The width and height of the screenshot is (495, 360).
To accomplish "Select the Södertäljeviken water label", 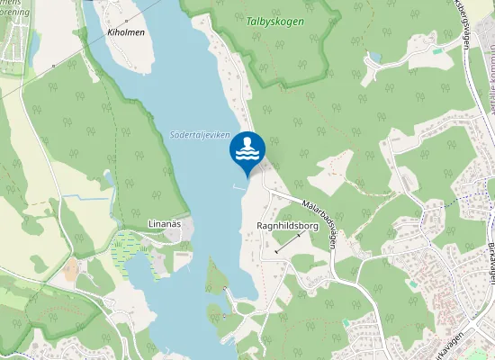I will coord(199,135).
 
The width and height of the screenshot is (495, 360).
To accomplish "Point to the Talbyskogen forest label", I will coord(274,21).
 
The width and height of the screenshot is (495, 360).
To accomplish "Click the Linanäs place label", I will coord(165,223).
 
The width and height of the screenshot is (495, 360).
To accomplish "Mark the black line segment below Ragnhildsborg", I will coord(289,242).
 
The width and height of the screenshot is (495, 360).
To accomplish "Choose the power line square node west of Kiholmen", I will coord(54,66).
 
